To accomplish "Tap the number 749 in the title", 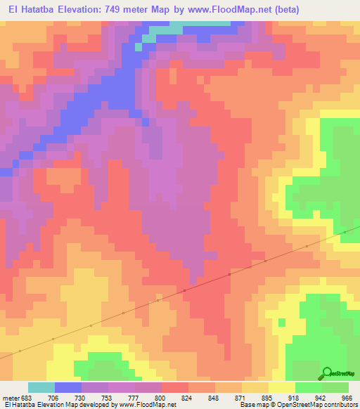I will pyautogui.click(x=120, y=10).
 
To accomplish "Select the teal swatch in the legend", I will pyautogui.click(x=41, y=387).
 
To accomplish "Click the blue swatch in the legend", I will pyautogui.click(x=67, y=387).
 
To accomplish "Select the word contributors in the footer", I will pyautogui.click(x=337, y=405).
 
